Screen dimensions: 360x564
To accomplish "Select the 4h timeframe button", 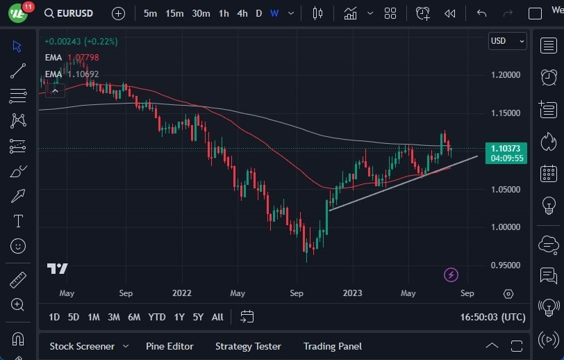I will coord(242,13).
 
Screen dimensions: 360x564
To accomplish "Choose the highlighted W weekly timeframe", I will coord(274,13).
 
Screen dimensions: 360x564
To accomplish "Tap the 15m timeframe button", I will coord(174,13).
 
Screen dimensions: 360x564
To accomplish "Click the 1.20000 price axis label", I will coord(506,74).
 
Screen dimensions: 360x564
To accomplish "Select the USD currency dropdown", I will coord(507,41).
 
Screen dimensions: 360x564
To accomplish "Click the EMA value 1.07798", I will coord(83,57).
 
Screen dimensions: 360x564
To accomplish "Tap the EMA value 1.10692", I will coord(83,74).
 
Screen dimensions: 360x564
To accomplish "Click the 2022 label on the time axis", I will coord(181,293).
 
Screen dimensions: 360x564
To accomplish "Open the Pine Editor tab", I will coord(169,346).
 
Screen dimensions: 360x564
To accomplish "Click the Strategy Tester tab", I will coord(248,346).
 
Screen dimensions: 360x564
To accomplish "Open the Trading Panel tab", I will coord(333,346).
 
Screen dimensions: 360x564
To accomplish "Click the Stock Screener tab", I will coord(81,346).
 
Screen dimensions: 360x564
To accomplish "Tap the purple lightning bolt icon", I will coord(451,275).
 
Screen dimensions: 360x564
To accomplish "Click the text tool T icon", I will coord(18,221).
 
